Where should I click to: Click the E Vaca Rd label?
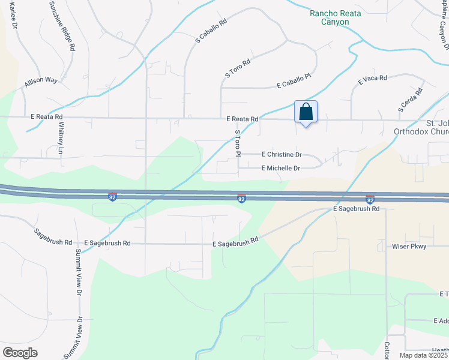point(373,79)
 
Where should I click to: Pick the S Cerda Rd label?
point(410,100)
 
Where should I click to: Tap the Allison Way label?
point(40,80)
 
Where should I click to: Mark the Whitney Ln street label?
point(61,139)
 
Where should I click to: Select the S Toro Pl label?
point(238,143)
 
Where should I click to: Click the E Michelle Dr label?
point(280,169)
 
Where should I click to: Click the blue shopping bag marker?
point(306,112)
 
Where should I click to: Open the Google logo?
point(20,353)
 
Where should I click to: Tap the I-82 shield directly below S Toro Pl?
point(241,199)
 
